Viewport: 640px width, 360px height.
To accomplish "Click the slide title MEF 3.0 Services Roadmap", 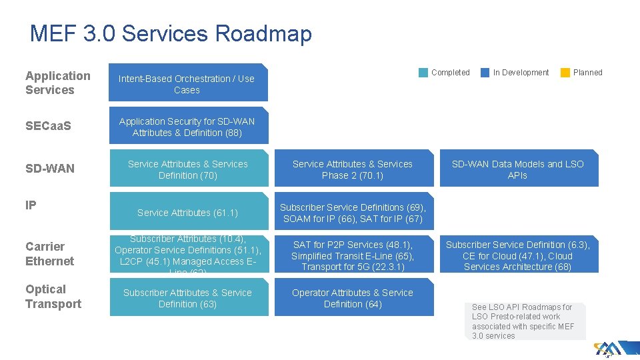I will (171, 33).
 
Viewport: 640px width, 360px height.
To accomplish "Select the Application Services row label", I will (58, 83).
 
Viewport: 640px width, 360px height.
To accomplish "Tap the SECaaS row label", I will (48, 126).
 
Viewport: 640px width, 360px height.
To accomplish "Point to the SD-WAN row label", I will (50, 169).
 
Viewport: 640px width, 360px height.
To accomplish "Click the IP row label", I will (31, 205).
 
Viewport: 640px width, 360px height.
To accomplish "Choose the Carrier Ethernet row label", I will (50, 253).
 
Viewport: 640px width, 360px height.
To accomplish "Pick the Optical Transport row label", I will (53, 297).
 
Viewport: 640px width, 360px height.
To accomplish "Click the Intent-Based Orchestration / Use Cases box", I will (187, 83).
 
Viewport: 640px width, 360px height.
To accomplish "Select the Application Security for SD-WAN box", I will (187, 127).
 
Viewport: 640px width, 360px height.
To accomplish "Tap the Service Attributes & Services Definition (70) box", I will (188, 169).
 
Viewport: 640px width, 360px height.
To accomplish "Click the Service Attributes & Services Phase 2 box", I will (353, 169).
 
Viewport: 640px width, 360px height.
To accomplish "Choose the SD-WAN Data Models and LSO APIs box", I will (517, 169).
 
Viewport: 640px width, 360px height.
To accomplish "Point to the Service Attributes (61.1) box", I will (188, 213).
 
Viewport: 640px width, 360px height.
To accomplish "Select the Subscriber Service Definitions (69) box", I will (353, 213).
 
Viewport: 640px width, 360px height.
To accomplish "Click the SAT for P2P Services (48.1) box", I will (353, 255).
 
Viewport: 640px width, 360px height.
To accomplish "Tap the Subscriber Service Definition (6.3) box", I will (517, 255).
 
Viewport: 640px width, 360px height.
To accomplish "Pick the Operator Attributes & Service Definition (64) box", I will (353, 298).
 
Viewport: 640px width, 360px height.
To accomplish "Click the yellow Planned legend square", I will (565, 73).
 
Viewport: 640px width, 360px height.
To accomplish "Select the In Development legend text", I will (521, 73).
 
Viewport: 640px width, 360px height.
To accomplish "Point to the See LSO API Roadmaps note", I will (523, 321).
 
